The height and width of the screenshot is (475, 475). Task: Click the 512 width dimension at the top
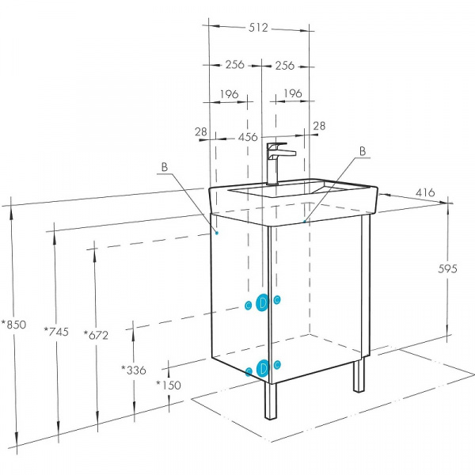pyautogui.click(x=258, y=28)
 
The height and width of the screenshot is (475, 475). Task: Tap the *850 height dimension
pyautogui.click(x=14, y=325)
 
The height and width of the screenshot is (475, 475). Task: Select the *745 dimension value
pyautogui.click(x=57, y=332)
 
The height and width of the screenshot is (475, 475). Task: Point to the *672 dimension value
pyautogui.click(x=96, y=336)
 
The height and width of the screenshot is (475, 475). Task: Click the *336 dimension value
pyautogui.click(x=134, y=370)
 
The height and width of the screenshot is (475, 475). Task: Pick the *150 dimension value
pyautogui.click(x=169, y=385)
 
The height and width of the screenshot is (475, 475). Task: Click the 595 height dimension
pyautogui.click(x=447, y=268)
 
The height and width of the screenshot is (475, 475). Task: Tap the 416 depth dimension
pyautogui.click(x=424, y=192)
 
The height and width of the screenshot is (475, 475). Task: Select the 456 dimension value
pyautogui.click(x=248, y=137)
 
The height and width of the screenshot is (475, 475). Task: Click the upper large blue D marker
pyautogui.click(x=262, y=302)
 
